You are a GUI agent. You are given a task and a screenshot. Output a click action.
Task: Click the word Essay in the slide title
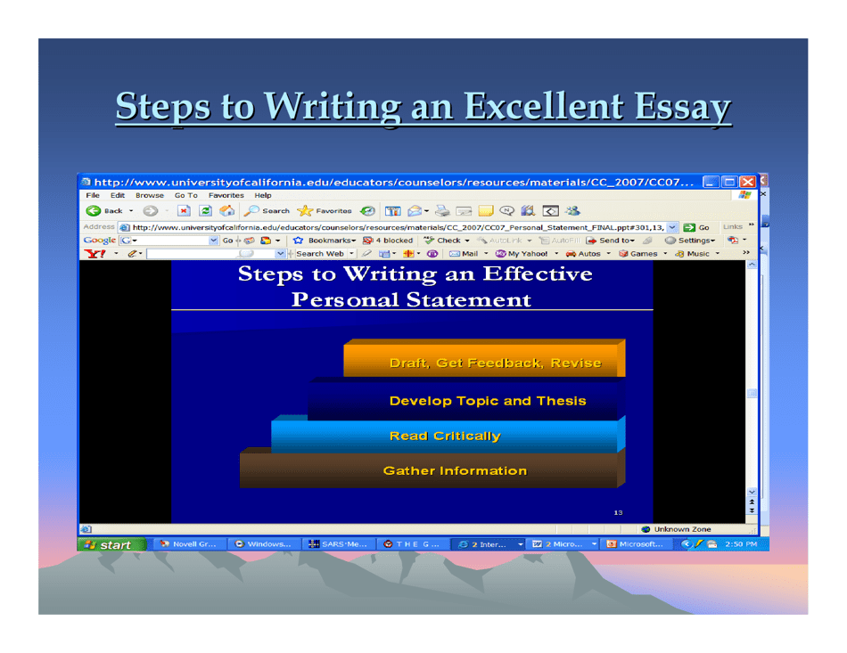coord(683,108)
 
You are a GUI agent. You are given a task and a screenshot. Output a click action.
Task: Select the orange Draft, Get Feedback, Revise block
coord(495,363)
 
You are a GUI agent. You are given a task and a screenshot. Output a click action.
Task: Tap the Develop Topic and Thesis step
coord(488,401)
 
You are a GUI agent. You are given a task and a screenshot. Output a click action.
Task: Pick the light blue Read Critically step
coord(445,436)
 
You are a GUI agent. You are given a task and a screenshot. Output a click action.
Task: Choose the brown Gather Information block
coord(455,470)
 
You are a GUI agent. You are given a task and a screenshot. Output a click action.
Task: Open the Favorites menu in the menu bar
coord(226,195)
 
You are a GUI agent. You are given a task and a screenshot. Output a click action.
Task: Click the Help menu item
coord(263,195)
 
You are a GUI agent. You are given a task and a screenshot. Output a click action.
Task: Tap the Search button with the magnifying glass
coord(267,211)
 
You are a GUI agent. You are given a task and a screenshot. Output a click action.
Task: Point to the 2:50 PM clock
coord(741,544)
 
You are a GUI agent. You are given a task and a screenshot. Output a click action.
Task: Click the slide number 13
coord(619,512)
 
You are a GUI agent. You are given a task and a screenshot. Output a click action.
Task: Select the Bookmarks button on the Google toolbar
coord(329,241)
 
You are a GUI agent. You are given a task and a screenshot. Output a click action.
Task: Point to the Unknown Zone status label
coord(682,529)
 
